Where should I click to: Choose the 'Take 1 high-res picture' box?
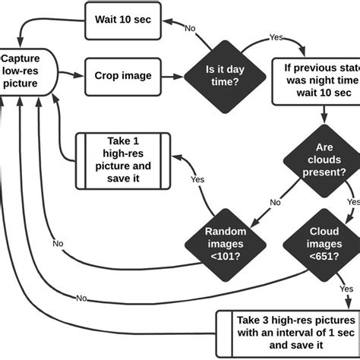point(122,159)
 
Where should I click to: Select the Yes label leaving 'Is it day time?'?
point(276,36)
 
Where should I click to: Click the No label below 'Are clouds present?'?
point(275,204)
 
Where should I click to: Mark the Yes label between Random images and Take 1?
point(197,179)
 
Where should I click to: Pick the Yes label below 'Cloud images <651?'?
point(348,289)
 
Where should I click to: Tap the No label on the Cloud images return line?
point(81,297)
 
